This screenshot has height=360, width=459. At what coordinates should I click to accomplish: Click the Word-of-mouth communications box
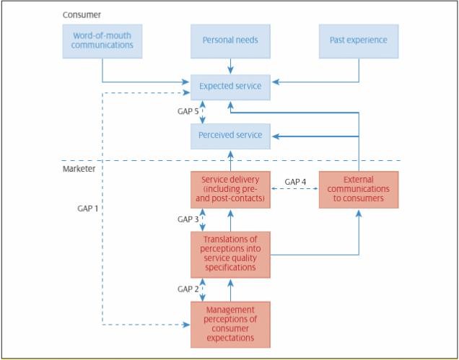tap(102, 40)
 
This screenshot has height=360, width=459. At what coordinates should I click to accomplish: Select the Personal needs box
tap(230, 40)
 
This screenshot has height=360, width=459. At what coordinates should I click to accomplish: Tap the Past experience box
tap(358, 40)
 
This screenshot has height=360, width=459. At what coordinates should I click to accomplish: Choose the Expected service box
tap(230, 86)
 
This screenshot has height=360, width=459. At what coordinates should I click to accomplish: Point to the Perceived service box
tap(230, 135)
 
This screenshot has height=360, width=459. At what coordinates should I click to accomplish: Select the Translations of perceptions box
tap(230, 254)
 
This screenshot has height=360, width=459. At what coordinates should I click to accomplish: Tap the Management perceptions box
tap(230, 325)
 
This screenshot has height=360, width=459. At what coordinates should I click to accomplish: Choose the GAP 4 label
tap(296, 182)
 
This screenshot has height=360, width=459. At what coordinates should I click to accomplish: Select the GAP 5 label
tap(189, 111)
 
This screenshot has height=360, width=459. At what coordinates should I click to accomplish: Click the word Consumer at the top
tap(81, 14)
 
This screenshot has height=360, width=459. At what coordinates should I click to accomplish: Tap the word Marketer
tap(79, 169)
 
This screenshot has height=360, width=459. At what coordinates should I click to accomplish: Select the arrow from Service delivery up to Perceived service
tap(230, 159)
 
